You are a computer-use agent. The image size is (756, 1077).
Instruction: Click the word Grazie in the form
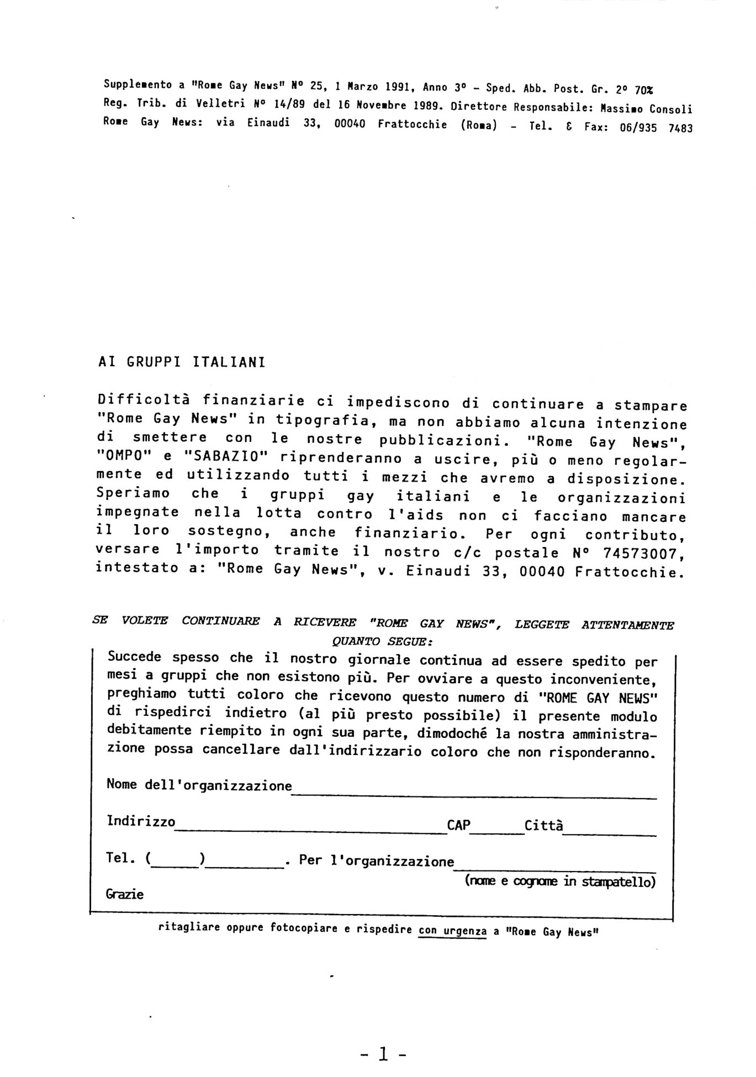(125, 894)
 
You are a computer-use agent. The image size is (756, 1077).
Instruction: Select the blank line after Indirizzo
(310, 832)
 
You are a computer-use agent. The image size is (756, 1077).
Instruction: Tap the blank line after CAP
(496, 832)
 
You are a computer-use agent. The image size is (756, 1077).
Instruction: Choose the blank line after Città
(609, 834)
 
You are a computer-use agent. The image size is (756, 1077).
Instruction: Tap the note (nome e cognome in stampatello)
(560, 881)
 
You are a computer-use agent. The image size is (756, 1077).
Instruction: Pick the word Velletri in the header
(215, 104)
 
